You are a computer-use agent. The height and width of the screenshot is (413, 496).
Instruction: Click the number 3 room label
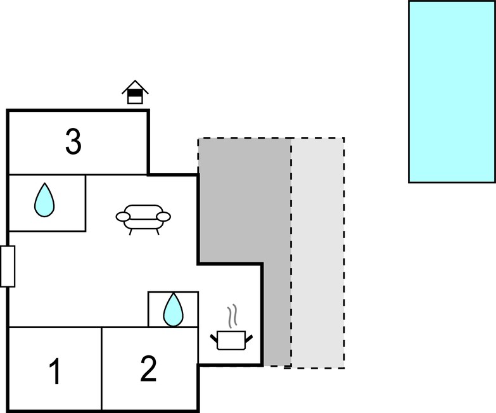coord(73,142)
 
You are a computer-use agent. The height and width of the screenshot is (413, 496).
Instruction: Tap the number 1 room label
coord(55,371)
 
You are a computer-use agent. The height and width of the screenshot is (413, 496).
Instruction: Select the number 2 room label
coord(148,369)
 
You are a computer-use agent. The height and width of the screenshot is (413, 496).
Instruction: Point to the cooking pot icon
coord(232,340)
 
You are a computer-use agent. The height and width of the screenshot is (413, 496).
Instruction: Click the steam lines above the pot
coord(232,316)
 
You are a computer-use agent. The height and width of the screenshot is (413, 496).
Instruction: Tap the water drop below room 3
coord(44,200)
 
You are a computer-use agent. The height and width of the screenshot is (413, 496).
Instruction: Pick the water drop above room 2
coord(173,310)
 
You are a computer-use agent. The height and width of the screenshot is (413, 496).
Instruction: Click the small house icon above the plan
coord(135,92)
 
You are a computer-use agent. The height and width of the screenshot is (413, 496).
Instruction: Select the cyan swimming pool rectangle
coord(452,91)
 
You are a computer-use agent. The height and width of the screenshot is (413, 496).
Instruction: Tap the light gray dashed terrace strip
coord(318,253)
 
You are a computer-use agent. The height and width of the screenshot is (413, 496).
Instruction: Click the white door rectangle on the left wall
coord(8,266)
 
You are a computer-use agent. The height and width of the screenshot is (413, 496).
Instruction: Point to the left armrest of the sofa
coord(123,217)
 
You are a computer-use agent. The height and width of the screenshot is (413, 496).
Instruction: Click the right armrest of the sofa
coord(163,217)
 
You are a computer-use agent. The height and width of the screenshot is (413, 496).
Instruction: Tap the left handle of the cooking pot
coord(214,338)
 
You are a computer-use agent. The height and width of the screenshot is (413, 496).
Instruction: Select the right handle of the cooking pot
coord(249,338)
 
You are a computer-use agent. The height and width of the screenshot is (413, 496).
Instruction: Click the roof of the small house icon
coord(135,87)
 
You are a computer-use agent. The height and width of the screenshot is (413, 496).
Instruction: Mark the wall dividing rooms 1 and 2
coord(101,369)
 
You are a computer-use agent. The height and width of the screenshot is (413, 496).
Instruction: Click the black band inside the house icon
coord(135,93)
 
